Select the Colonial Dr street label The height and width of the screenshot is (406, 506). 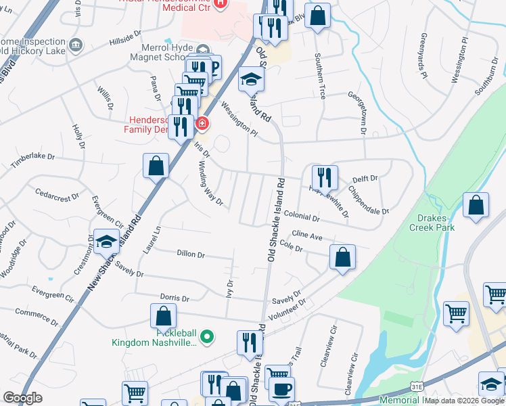point(302,218)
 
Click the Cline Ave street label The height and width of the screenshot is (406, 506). point(306,235)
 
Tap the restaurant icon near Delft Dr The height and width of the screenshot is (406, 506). point(325,177)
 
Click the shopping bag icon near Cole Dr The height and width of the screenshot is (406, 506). point(343,256)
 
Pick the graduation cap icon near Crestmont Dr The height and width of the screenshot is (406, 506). point(106,241)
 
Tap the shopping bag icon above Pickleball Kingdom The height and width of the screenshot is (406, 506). point(163,315)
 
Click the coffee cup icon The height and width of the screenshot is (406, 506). point(281,389)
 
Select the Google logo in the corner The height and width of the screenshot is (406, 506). point(22,398)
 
